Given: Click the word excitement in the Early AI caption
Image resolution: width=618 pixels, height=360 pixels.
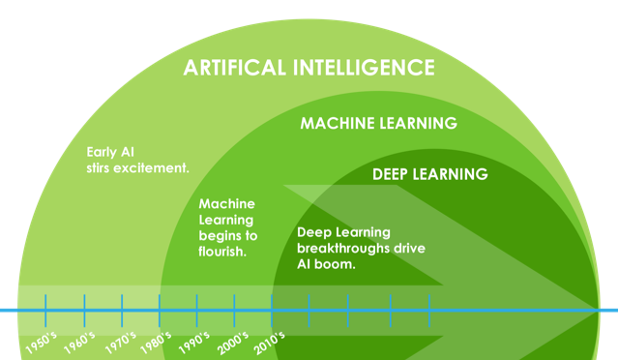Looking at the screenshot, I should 152,167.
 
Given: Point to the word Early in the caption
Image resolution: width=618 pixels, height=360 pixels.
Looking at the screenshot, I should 101,152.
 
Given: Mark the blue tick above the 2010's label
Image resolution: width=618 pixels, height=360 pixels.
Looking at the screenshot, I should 272,310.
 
